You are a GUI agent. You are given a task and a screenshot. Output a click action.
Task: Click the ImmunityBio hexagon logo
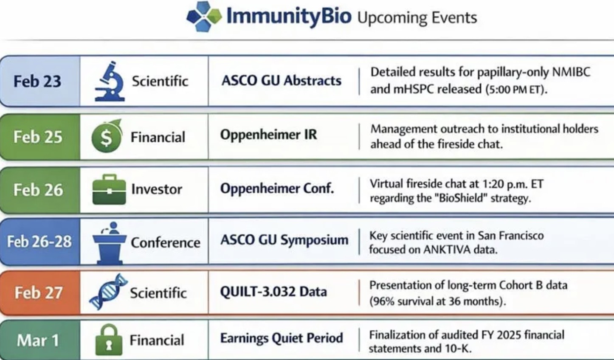(x=204, y=16)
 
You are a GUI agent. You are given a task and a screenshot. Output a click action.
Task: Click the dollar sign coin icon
(x=106, y=137)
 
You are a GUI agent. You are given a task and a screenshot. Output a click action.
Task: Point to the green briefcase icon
(x=109, y=189)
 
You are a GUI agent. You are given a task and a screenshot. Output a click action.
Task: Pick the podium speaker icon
(x=109, y=242)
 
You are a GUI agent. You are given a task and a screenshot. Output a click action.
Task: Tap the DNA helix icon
(x=108, y=292)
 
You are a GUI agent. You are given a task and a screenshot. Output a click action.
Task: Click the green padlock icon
(x=109, y=340)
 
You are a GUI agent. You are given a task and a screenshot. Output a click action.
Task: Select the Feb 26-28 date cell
(x=39, y=242)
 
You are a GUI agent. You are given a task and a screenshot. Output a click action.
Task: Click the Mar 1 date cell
(x=38, y=340)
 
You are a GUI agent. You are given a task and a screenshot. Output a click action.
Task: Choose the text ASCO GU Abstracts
(x=281, y=80)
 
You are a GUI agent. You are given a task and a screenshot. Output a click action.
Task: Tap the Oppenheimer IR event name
(x=268, y=135)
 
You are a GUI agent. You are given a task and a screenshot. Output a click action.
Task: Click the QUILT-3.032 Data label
(x=273, y=292)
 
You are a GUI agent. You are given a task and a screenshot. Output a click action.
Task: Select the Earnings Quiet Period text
(x=281, y=338)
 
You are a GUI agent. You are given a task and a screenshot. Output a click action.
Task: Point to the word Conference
(x=165, y=242)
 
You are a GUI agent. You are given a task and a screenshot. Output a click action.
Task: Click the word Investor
(x=156, y=189)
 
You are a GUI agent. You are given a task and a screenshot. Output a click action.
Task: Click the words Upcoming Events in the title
(x=417, y=17)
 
